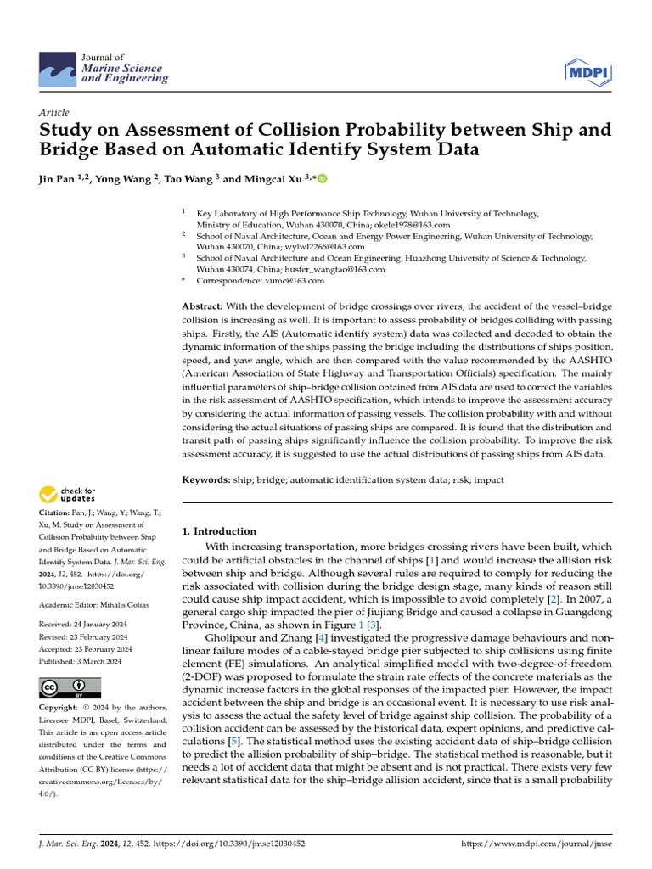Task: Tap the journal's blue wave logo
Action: tap(59, 70)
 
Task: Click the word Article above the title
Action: tap(54, 113)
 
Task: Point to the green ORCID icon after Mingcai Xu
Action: tap(323, 179)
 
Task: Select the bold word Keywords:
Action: tap(206, 479)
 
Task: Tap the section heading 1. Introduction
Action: tap(219, 531)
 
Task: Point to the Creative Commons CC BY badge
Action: tap(70, 687)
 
